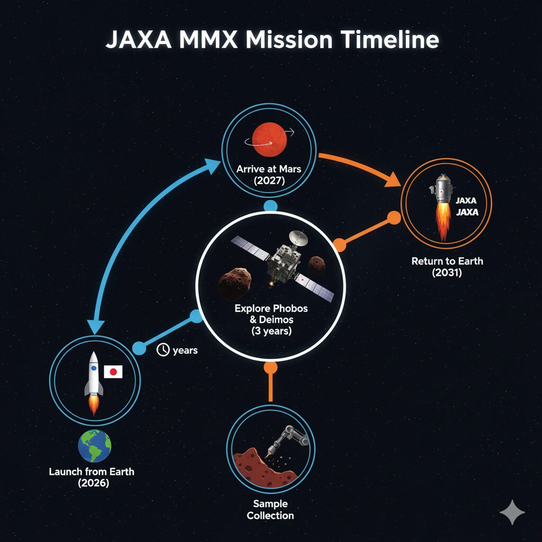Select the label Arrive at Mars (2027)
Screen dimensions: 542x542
point(269,175)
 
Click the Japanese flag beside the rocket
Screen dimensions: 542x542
point(113,372)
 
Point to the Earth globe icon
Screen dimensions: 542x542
point(95,446)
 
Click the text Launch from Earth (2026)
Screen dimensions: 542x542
point(92,477)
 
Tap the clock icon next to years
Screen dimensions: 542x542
point(163,350)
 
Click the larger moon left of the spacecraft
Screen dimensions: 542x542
point(234,284)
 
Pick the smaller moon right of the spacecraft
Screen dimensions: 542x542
point(317,265)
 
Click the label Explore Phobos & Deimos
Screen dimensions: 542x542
point(271,314)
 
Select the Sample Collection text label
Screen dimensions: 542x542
point(270,510)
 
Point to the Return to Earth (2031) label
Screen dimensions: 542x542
point(447,267)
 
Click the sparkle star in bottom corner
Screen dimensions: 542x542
point(512,512)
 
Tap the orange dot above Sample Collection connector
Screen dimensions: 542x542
point(270,367)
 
